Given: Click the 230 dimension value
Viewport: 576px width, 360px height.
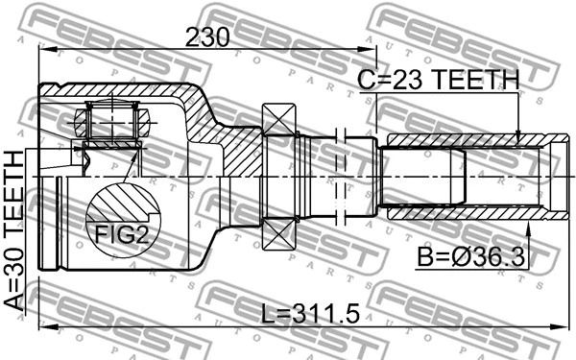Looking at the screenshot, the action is tap(207, 37).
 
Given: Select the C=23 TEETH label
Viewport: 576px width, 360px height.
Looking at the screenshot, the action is tap(439, 80).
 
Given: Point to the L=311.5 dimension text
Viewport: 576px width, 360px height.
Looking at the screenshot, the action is tap(310, 314).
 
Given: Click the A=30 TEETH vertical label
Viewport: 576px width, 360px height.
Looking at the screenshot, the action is tap(14, 231).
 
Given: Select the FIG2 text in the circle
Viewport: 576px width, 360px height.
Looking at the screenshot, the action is tap(122, 235).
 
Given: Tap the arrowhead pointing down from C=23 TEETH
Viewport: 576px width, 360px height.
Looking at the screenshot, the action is tap(518, 136).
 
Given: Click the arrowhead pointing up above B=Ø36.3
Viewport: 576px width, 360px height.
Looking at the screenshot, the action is tap(528, 228).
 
